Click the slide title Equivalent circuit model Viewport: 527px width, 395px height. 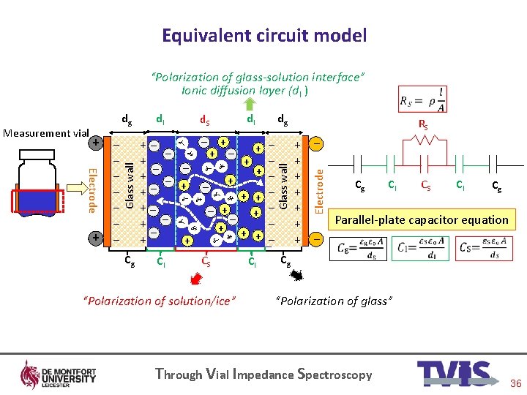pos(263,35)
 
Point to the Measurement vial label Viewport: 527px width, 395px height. pos(45,133)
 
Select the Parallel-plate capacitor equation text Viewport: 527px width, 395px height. pos(421,219)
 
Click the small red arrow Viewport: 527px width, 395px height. pos(195,279)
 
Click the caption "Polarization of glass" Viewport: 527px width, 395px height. pos(334,301)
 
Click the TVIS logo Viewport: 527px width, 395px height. pos(452,374)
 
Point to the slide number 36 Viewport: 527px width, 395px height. pos(515,383)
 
